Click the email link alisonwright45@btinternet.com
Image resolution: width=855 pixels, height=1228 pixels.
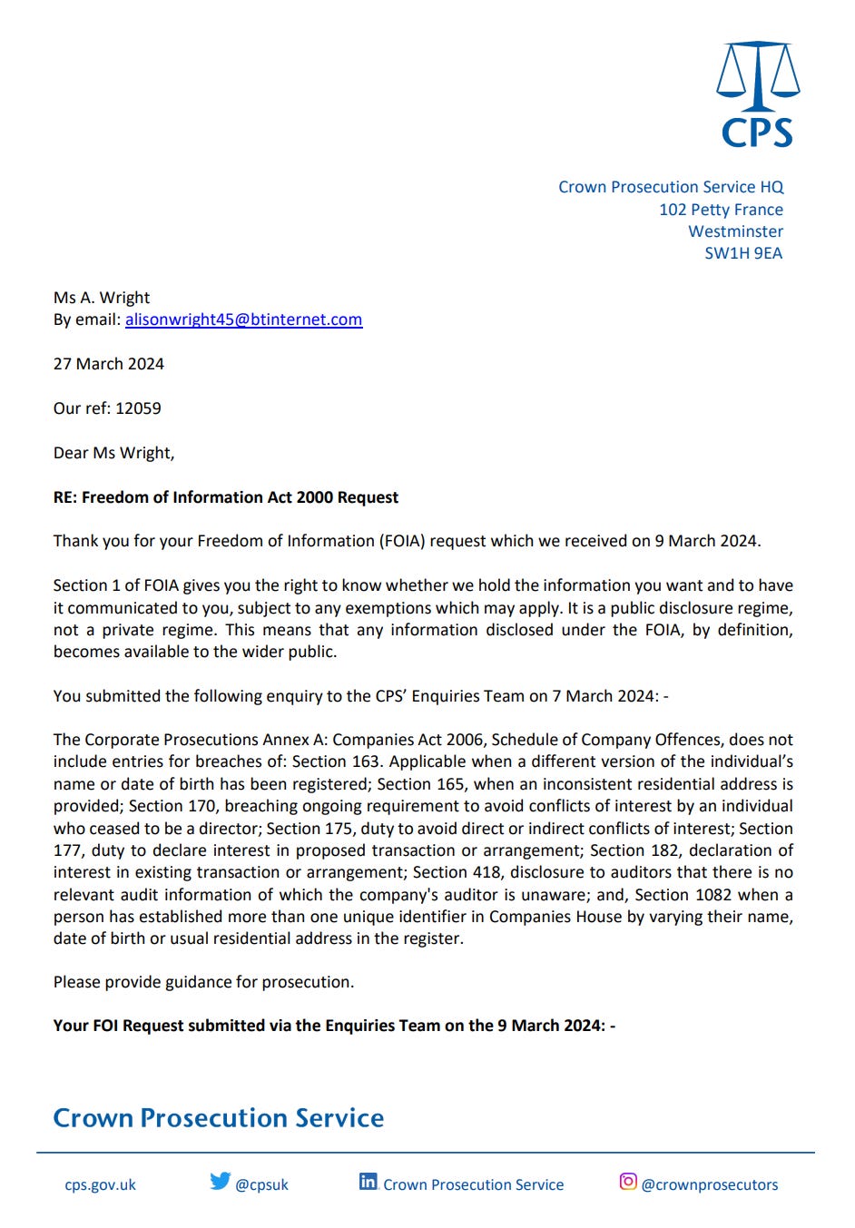pyautogui.click(x=243, y=319)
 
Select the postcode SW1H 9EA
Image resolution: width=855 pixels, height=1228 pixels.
pyautogui.click(x=742, y=253)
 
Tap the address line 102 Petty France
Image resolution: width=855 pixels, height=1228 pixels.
pyautogui.click(x=721, y=210)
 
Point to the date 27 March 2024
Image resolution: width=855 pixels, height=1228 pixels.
pyautogui.click(x=109, y=364)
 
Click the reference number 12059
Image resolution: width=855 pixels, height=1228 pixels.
pyautogui.click(x=138, y=408)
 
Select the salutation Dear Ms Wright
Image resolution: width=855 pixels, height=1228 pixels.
pyautogui.click(x=113, y=453)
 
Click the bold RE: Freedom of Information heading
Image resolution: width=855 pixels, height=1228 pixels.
pyautogui.click(x=226, y=497)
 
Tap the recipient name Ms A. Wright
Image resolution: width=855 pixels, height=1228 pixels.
pyautogui.click(x=102, y=298)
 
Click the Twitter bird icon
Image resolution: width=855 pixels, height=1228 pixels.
pyautogui.click(x=220, y=1181)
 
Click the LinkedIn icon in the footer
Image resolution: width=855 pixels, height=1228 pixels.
pyautogui.click(x=368, y=1181)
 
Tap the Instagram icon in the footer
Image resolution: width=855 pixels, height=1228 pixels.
pyautogui.click(x=627, y=1181)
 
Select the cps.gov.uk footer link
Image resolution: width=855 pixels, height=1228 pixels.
pyautogui.click(x=100, y=1184)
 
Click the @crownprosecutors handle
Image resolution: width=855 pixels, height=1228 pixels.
pyautogui.click(x=709, y=1184)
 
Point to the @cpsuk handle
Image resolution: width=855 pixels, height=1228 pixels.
pyautogui.click(x=261, y=1184)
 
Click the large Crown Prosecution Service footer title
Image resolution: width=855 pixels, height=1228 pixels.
pyautogui.click(x=219, y=1117)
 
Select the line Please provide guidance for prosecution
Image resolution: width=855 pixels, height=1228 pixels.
pyautogui.click(x=203, y=982)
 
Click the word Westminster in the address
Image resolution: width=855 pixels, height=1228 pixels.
pyautogui.click(x=735, y=231)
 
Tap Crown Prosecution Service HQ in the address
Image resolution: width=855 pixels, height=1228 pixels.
pyautogui.click(x=670, y=187)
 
